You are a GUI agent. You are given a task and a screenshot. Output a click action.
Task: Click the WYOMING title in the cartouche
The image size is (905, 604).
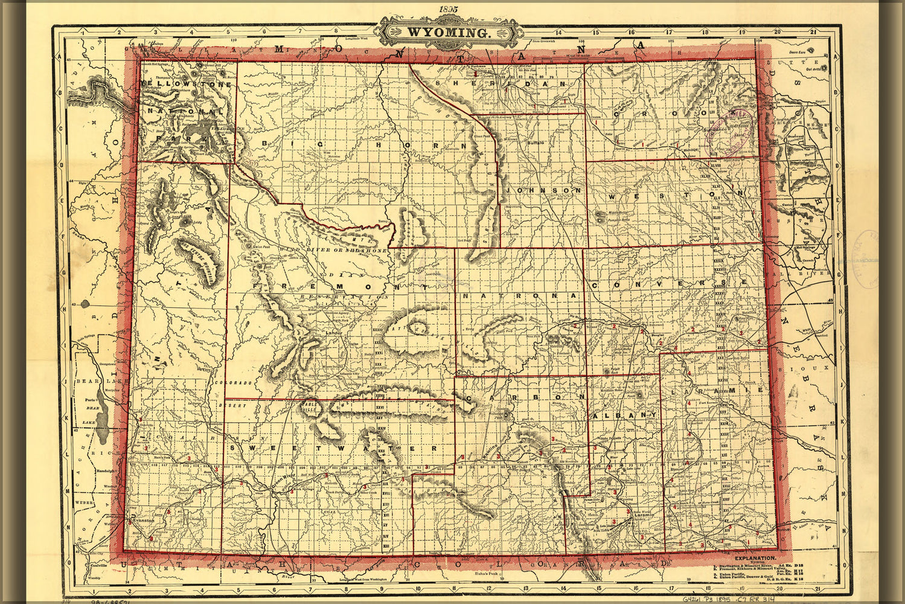[x=447, y=33]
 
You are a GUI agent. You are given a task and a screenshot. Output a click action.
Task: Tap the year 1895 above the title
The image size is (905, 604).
[x=448, y=9]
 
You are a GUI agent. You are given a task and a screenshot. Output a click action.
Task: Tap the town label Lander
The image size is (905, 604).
[x=333, y=333]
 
